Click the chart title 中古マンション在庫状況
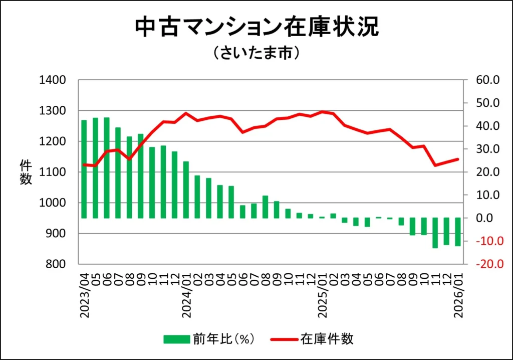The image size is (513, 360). tap(256, 28)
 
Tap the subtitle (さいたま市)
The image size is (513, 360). tap(256, 53)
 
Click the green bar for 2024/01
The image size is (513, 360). tap(186, 190)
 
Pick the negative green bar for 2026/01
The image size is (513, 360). tap(458, 232)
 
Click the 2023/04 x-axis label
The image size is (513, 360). tap(84, 295)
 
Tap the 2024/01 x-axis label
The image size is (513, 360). tap(186, 295)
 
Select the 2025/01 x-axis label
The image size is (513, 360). tap(322, 295)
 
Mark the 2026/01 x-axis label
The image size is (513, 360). tap(458, 295)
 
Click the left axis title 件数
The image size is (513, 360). tap(26, 172)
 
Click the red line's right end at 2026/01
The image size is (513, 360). tap(458, 159)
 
